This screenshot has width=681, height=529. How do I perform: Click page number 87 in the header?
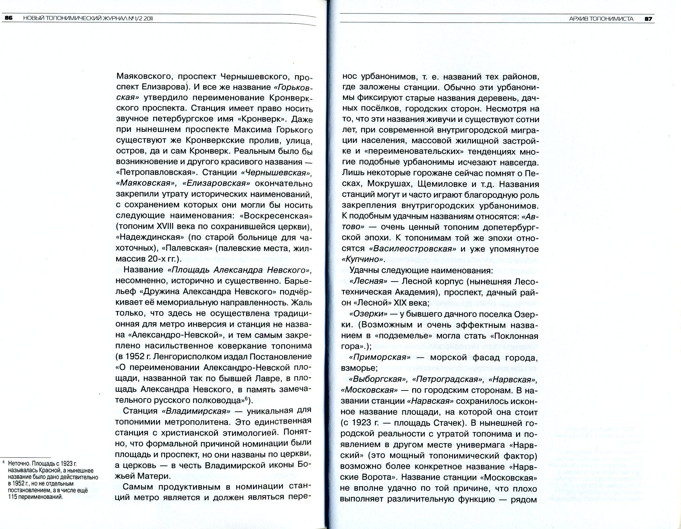point(648,19)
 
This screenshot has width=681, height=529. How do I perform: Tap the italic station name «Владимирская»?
point(196,411)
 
